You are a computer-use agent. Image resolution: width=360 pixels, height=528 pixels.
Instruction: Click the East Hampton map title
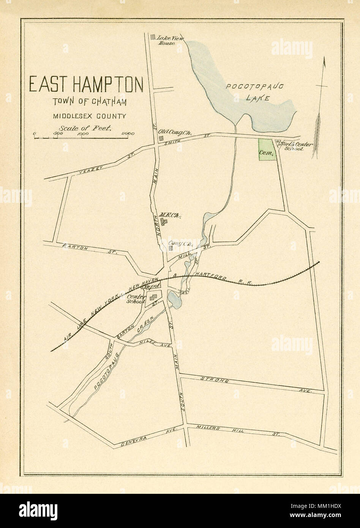86,85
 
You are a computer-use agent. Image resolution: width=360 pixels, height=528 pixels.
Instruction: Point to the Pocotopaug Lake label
255,92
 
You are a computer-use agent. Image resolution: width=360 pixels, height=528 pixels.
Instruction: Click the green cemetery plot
267,150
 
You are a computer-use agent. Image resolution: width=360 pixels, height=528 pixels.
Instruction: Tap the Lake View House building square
153,37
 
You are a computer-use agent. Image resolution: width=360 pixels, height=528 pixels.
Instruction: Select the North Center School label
295,147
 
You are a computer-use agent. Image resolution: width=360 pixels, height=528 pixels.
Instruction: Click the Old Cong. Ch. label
174,132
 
